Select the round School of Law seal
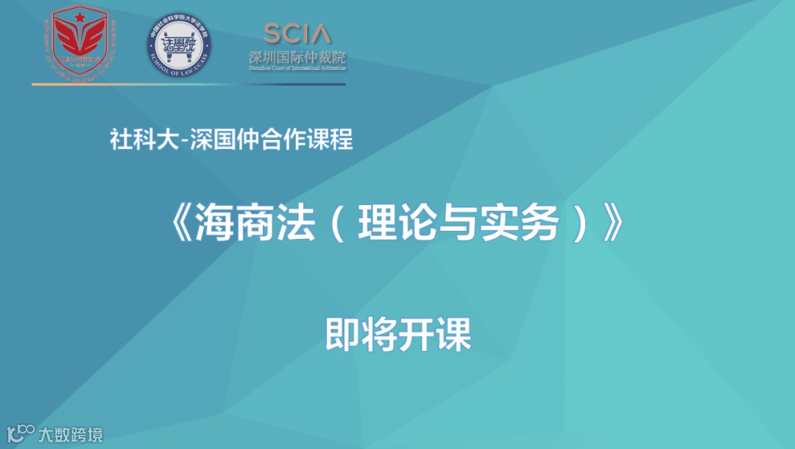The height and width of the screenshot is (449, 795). (179, 46)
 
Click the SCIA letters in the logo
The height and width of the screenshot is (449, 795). (297, 33)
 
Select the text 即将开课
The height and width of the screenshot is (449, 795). (397, 335)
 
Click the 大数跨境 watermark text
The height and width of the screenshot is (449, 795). (71, 434)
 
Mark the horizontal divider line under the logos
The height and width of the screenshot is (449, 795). (188, 84)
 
